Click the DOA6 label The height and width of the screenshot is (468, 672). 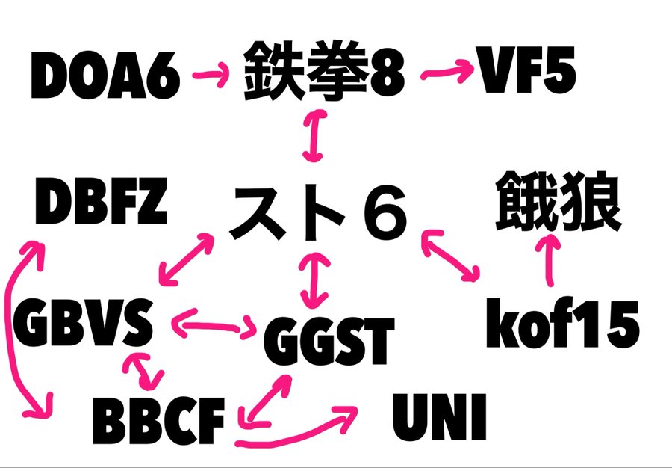point(106,76)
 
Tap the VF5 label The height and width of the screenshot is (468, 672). point(527,73)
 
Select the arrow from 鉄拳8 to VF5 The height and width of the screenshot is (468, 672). point(449,73)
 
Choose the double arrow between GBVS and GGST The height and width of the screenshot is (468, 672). point(214,325)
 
